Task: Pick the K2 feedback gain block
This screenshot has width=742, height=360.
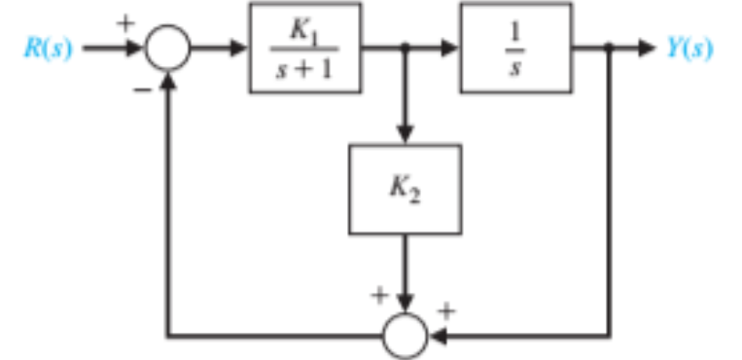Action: (405, 189)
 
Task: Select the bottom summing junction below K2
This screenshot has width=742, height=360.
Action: (405, 336)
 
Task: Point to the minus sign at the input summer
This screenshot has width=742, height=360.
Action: (142, 87)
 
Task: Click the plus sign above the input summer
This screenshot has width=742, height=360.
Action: (125, 21)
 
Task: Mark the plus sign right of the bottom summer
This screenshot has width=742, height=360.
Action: (447, 312)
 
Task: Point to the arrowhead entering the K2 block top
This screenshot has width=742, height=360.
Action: (405, 134)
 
